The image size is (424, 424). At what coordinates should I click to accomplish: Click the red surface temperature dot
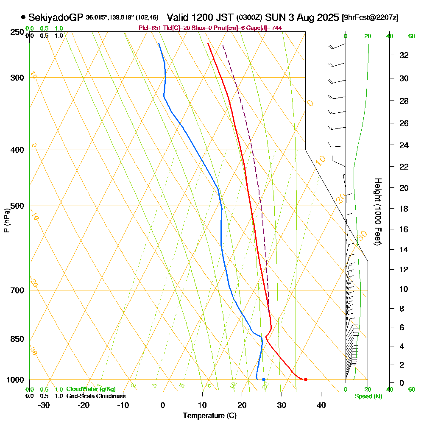click(306, 379)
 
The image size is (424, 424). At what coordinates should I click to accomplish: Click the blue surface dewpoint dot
click(264, 379)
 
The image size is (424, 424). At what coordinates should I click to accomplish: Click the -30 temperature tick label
click(44, 405)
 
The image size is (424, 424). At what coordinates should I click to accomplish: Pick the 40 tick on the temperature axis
click(321, 405)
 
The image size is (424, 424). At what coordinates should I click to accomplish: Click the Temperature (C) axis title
click(209, 416)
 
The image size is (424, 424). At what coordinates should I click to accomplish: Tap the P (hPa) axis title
click(6, 220)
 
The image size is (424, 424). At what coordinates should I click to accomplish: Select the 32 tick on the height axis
click(404, 55)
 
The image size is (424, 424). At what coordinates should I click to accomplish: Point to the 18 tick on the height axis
click(404, 209)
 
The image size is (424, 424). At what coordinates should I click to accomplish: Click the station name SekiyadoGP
click(56, 18)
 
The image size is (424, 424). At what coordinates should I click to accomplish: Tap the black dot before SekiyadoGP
click(23, 18)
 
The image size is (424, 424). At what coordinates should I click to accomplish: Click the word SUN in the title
click(274, 18)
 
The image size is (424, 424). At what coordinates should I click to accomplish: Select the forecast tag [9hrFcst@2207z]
click(370, 18)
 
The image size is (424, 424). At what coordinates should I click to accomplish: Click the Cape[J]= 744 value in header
click(268, 28)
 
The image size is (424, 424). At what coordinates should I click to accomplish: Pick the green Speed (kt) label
click(368, 396)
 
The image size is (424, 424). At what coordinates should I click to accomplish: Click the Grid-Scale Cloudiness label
click(96, 396)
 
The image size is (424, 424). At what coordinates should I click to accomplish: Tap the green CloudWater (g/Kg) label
click(91, 389)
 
